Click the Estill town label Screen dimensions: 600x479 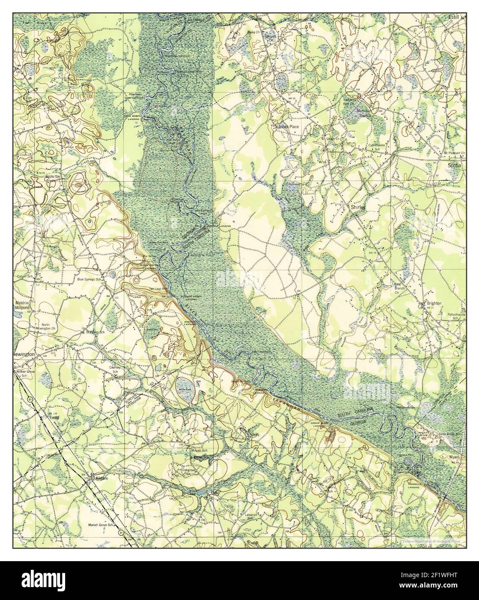[x=454, y=16]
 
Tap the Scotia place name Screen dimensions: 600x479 [x=455, y=164]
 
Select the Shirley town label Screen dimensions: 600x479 [x=357, y=207]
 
